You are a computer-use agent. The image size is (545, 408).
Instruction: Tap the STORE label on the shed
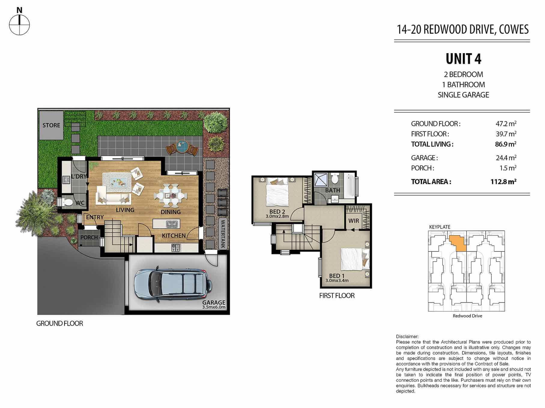tap(51, 125)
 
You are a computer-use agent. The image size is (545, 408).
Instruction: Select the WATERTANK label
tap(223, 234)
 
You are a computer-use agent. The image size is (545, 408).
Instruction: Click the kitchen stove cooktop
tap(176, 248)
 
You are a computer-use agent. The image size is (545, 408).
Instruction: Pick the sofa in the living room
tap(113, 196)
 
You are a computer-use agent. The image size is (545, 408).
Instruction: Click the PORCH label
tap(89, 237)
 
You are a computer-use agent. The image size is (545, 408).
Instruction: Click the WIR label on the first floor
tap(353, 221)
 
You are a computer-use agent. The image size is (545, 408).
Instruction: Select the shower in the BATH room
tap(321, 180)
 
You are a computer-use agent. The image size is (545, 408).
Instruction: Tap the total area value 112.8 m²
tap(503, 182)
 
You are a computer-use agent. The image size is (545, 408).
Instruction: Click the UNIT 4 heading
tap(463, 59)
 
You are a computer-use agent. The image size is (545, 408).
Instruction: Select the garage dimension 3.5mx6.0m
tap(214, 307)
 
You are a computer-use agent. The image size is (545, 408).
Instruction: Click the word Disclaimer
tap(407, 337)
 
